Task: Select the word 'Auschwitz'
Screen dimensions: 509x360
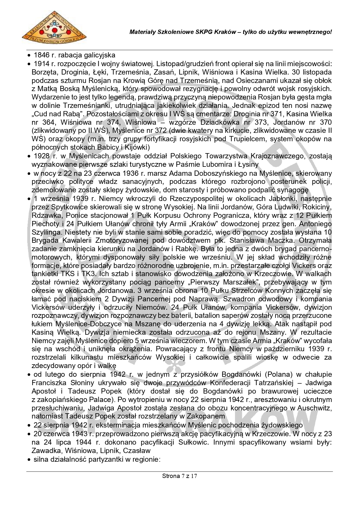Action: click(x=316, y=408)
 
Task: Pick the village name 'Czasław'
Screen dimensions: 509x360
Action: click(x=137, y=450)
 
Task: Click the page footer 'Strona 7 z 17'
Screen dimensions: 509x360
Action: click(x=180, y=476)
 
